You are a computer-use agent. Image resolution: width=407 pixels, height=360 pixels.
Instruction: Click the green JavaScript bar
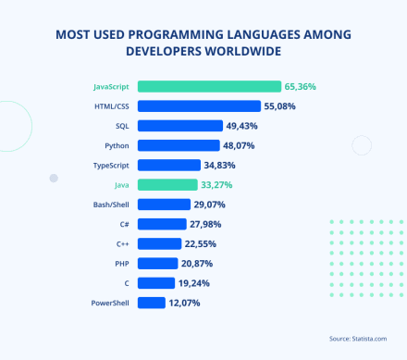click(x=209, y=87)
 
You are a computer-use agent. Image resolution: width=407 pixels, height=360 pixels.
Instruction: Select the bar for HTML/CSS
click(x=199, y=106)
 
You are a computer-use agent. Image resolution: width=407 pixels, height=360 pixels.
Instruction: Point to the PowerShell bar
click(x=152, y=303)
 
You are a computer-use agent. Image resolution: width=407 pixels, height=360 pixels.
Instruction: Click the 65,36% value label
click(x=301, y=87)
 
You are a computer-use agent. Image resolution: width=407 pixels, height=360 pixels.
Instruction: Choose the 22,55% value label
click(x=203, y=243)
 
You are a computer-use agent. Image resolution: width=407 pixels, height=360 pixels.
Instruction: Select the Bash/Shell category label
click(x=111, y=205)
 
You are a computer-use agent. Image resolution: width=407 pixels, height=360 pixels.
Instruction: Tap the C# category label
click(x=123, y=224)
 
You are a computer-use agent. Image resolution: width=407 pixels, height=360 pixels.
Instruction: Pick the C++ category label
click(x=122, y=243)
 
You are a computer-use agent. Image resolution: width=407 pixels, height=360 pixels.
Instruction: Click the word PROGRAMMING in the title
click(x=192, y=34)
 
